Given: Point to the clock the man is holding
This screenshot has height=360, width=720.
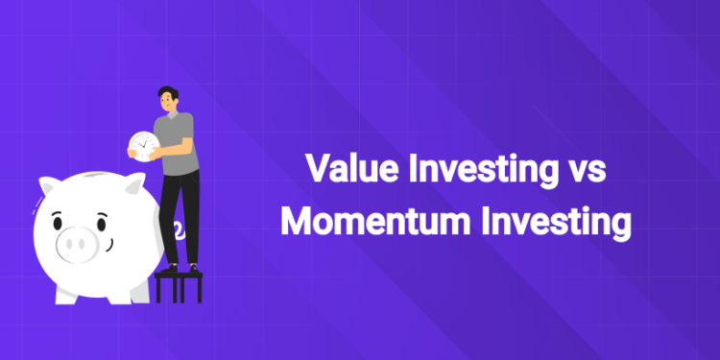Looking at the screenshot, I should click(142, 145).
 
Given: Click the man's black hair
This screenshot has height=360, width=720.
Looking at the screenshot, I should click(166, 90).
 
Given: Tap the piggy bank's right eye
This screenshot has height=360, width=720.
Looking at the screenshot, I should click(100, 224).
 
